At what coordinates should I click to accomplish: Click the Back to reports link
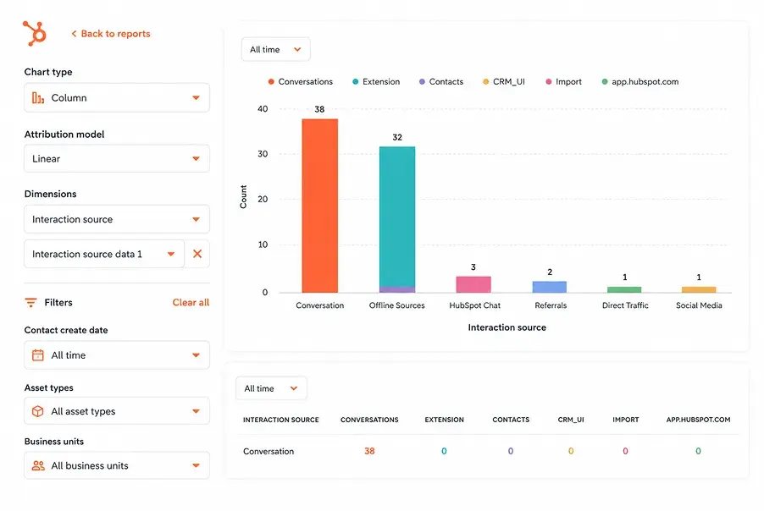[x=111, y=34]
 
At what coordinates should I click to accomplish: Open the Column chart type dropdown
[x=117, y=98]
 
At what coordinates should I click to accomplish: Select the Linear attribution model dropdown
[x=117, y=159]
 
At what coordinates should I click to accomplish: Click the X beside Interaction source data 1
[x=197, y=254]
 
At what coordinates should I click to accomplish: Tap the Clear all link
[x=191, y=302]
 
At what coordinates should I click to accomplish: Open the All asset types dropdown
[x=117, y=411]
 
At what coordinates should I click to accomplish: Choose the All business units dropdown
[x=117, y=466]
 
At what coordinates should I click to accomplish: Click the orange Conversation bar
[x=319, y=206]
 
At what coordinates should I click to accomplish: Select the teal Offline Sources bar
[x=397, y=217]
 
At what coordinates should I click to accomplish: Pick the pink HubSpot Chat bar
[x=473, y=284]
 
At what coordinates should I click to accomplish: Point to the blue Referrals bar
[x=550, y=287]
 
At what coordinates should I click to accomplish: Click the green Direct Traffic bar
[x=624, y=289]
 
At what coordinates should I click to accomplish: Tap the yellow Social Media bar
[x=699, y=289]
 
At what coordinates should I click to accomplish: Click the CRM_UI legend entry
[x=504, y=82]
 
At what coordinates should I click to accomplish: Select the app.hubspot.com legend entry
[x=640, y=82]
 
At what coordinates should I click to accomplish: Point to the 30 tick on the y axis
[x=263, y=154]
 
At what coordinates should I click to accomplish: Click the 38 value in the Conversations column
[x=369, y=451]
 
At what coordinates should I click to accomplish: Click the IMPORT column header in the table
[x=626, y=420]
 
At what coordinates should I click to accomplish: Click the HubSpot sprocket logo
[x=35, y=34]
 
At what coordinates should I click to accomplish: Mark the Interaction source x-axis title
[x=507, y=327]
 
